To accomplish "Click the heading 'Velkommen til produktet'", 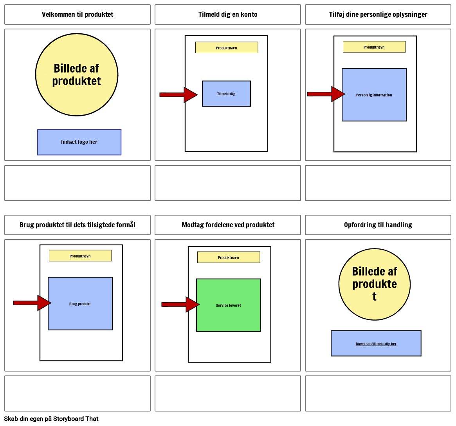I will (x=78, y=15).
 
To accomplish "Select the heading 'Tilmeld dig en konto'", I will (x=228, y=15).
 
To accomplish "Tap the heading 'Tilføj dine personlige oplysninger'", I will (x=378, y=15).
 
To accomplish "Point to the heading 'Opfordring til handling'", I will (x=378, y=225).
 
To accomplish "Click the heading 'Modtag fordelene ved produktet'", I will (x=228, y=225).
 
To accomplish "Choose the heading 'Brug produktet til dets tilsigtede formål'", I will (x=78, y=225).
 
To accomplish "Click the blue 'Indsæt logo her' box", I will (x=79, y=142).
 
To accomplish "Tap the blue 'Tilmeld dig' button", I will (x=226, y=94).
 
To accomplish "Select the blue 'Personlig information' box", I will (x=374, y=95).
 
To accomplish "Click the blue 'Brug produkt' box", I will (x=80, y=304).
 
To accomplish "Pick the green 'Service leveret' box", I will (x=229, y=305).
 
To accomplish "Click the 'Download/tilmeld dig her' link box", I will (x=376, y=343).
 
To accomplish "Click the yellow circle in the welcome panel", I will (x=77, y=75).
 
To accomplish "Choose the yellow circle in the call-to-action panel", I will (x=375, y=284).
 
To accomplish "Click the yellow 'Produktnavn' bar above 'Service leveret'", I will (x=229, y=257).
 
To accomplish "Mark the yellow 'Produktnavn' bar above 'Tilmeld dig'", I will (x=227, y=48).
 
